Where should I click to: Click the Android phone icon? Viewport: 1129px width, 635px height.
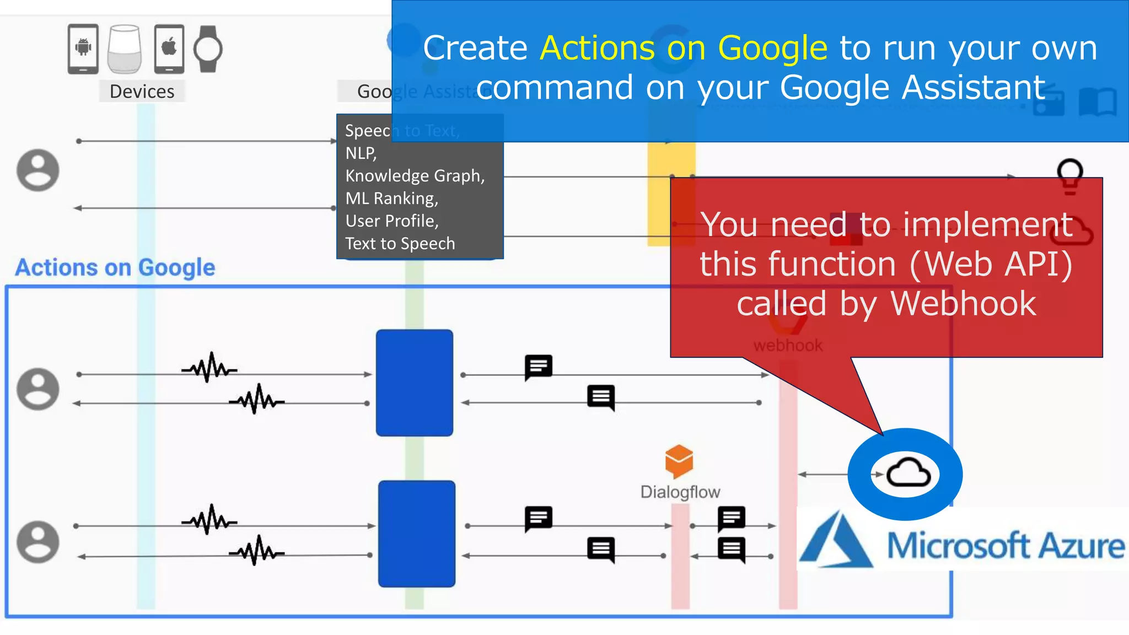(x=83, y=49)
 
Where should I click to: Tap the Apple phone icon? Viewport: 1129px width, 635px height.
(x=169, y=49)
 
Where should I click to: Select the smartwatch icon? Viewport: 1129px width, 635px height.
(x=208, y=49)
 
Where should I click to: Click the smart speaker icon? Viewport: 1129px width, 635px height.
(x=125, y=49)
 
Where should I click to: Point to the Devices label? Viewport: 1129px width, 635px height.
(x=142, y=91)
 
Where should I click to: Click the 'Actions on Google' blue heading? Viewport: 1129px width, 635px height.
(x=115, y=267)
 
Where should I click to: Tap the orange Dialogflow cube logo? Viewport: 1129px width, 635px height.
(x=679, y=461)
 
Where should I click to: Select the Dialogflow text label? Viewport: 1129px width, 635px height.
(x=680, y=492)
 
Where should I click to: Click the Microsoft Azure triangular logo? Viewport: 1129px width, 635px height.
(x=835, y=540)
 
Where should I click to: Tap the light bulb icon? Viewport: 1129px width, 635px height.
(x=1069, y=175)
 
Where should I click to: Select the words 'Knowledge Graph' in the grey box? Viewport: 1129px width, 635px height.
(x=414, y=176)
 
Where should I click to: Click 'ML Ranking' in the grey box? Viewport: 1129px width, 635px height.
(x=391, y=198)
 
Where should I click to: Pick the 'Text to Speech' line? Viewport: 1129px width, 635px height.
(x=400, y=244)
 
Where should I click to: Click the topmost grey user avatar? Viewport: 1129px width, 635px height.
(x=38, y=170)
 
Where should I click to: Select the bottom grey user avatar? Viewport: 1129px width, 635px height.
(x=38, y=541)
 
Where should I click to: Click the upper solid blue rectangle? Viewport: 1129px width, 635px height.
(x=414, y=383)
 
